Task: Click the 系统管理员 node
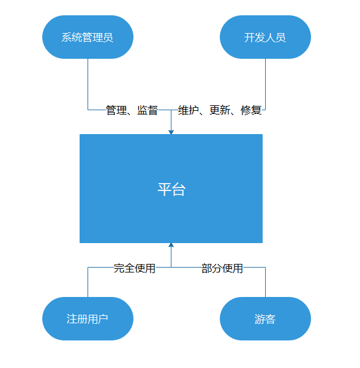88,37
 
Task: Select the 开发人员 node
265,37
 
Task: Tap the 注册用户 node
88,319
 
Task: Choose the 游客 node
265,319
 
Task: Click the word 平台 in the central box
171,189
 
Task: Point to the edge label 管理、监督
132,110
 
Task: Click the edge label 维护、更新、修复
220,110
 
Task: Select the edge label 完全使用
135,268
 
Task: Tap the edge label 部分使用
222,268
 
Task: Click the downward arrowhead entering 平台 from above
171,132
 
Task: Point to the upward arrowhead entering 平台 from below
171,245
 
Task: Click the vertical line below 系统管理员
88,84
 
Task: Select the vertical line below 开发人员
266,84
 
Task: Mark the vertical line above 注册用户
88,282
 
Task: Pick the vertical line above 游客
266,282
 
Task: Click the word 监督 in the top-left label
148,110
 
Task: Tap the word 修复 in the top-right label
251,110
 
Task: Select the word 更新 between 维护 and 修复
220,110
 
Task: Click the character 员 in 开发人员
280,37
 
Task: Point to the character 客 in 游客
271,319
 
